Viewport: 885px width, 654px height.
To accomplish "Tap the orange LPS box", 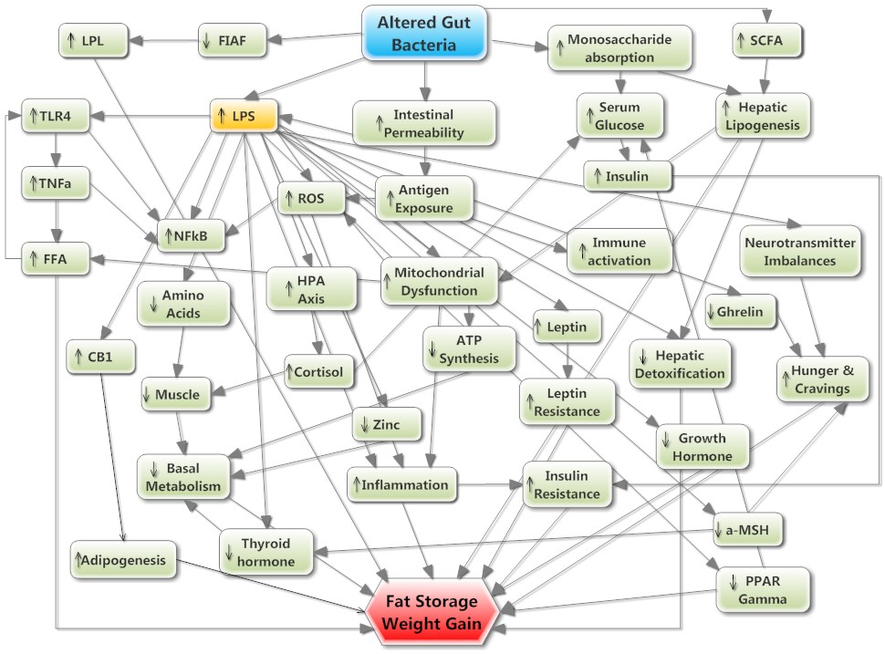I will tap(244, 116).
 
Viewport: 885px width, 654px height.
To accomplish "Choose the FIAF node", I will tap(233, 39).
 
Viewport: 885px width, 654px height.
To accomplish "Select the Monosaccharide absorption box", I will tap(620, 49).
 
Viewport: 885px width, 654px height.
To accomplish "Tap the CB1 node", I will tap(101, 356).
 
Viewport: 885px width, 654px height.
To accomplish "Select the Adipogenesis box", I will tap(122, 559).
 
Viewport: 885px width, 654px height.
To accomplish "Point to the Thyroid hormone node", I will tap(265, 551).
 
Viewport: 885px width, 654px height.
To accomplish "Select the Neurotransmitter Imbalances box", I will tap(800, 251).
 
